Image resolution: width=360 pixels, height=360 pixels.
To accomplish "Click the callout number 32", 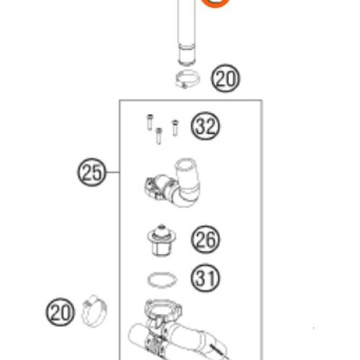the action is click(x=205, y=126).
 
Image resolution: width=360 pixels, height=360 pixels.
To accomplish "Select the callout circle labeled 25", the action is click(x=91, y=172).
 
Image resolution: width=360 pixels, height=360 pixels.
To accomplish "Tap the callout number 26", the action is click(x=205, y=240).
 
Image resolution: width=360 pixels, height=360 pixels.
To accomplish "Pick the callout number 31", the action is click(x=205, y=278).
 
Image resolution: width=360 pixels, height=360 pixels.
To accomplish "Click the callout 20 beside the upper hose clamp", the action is click(x=225, y=78).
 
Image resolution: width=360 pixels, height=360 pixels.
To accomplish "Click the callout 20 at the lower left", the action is click(x=60, y=312).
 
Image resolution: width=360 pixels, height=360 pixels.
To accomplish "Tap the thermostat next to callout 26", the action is click(x=162, y=240).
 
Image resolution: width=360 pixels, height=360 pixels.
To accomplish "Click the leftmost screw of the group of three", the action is click(x=150, y=122).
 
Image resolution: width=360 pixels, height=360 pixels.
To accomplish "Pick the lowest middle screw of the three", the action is click(x=158, y=136).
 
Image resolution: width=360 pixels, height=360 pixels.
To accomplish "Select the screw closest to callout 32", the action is click(x=175, y=127).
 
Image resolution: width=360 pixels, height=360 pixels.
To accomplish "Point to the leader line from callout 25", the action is click(x=112, y=172).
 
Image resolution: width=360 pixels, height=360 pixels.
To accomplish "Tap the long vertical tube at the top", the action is click(x=186, y=31).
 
